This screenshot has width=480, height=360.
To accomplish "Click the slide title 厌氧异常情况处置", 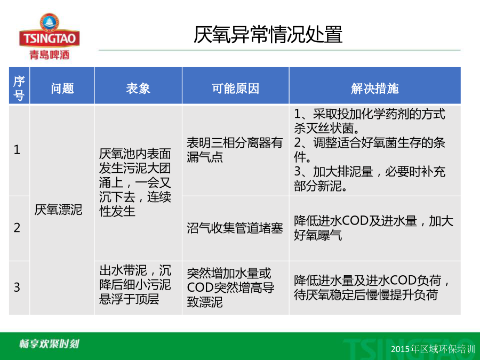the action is (268, 34).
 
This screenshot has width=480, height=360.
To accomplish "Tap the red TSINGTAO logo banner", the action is (49, 38).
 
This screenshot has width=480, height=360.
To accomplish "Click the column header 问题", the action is (62, 88).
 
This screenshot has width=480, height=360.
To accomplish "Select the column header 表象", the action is (138, 88).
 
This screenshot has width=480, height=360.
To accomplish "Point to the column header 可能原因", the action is (235, 88).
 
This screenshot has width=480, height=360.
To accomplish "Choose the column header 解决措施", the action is (375, 88).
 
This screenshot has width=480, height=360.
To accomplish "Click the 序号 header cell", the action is (19, 88).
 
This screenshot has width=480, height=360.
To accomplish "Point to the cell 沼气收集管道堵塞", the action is (235, 228).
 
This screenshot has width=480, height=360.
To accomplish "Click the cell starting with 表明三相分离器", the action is (235, 150).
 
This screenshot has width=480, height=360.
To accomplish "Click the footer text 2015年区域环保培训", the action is (433, 349).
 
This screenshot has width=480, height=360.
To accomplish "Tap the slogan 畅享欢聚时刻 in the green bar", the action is (49, 343).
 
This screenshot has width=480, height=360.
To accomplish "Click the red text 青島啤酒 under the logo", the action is (49, 55).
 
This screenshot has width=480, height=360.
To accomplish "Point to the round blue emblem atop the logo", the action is (49, 22).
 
